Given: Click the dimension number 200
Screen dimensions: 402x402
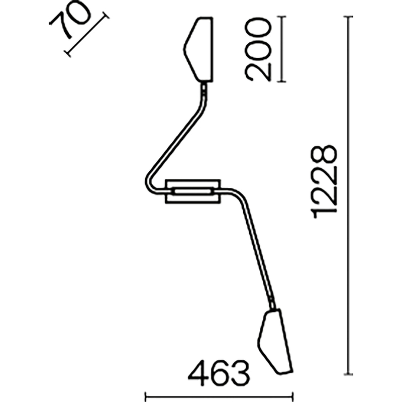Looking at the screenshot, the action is (x=258, y=50).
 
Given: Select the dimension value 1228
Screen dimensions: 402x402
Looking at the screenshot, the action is (x=324, y=182).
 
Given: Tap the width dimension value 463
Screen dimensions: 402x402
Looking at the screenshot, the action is (x=219, y=373).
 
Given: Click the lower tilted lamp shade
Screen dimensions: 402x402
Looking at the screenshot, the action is (x=275, y=341).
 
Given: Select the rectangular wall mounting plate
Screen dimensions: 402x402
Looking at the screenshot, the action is (x=192, y=191).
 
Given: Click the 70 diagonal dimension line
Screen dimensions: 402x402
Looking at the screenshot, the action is (x=87, y=34).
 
